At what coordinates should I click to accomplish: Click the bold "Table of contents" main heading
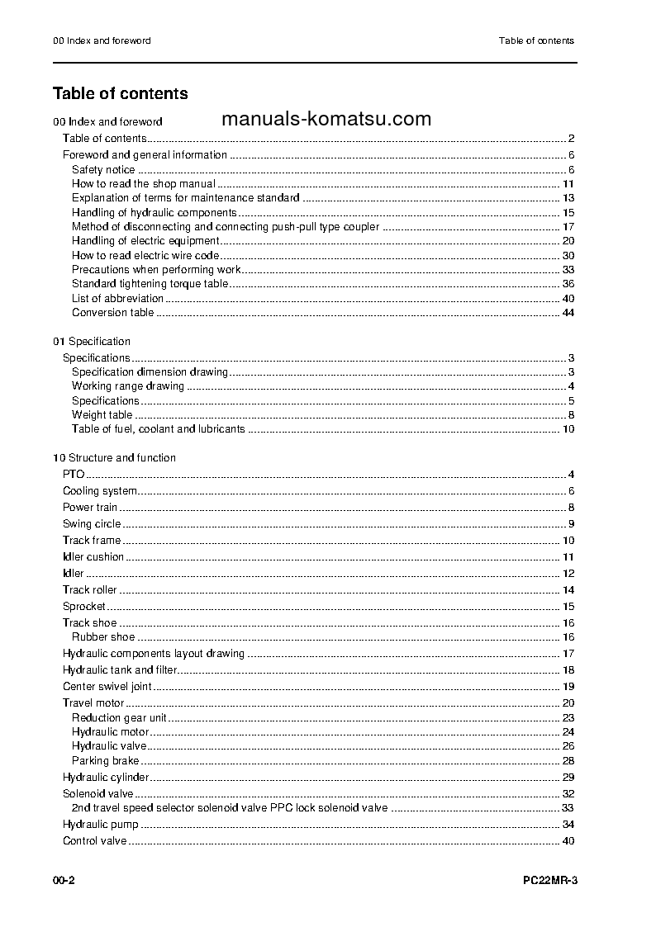pyautogui.click(x=121, y=94)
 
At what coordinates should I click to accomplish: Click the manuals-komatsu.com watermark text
pyautogui.click(x=326, y=119)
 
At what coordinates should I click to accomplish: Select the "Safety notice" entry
pyautogui.click(x=103, y=170)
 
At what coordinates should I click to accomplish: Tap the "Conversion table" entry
pyautogui.click(x=112, y=313)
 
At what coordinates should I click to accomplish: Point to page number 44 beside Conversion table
pyautogui.click(x=568, y=313)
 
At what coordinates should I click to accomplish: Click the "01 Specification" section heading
pyautogui.click(x=92, y=342)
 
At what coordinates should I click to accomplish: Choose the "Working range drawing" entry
pyautogui.click(x=128, y=386)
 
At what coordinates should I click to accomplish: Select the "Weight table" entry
pyautogui.click(x=102, y=415)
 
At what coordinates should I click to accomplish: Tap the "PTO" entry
pyautogui.click(x=74, y=475)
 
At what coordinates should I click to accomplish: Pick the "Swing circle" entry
pyautogui.click(x=92, y=524)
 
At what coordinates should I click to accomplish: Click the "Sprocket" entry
pyautogui.click(x=84, y=607)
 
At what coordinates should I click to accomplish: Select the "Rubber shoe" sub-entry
pyautogui.click(x=103, y=637)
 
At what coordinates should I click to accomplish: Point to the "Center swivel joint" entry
pyautogui.click(x=107, y=687)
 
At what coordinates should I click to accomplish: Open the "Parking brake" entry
pyautogui.click(x=105, y=761)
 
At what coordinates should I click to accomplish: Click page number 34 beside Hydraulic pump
pyautogui.click(x=568, y=825)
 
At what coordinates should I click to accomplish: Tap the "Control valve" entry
pyautogui.click(x=94, y=841)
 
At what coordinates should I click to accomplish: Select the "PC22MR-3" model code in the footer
pyautogui.click(x=549, y=882)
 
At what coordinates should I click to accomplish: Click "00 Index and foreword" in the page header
pyautogui.click(x=102, y=40)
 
